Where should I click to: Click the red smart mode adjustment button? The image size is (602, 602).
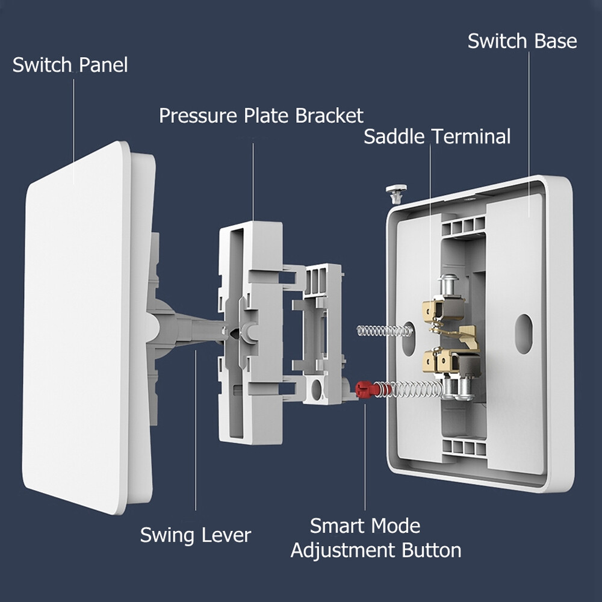coord(364,389)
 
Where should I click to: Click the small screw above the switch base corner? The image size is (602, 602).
coord(394,192)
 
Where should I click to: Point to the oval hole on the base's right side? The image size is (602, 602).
coord(524,333)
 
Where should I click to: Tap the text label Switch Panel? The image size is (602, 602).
coord(70,65)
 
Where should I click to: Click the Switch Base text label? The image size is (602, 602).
coord(522,41)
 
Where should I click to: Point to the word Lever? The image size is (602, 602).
coord(225,535)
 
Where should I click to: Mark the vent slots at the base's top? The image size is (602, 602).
coord(464,225)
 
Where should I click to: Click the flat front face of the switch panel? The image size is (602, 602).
coord(75,325)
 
